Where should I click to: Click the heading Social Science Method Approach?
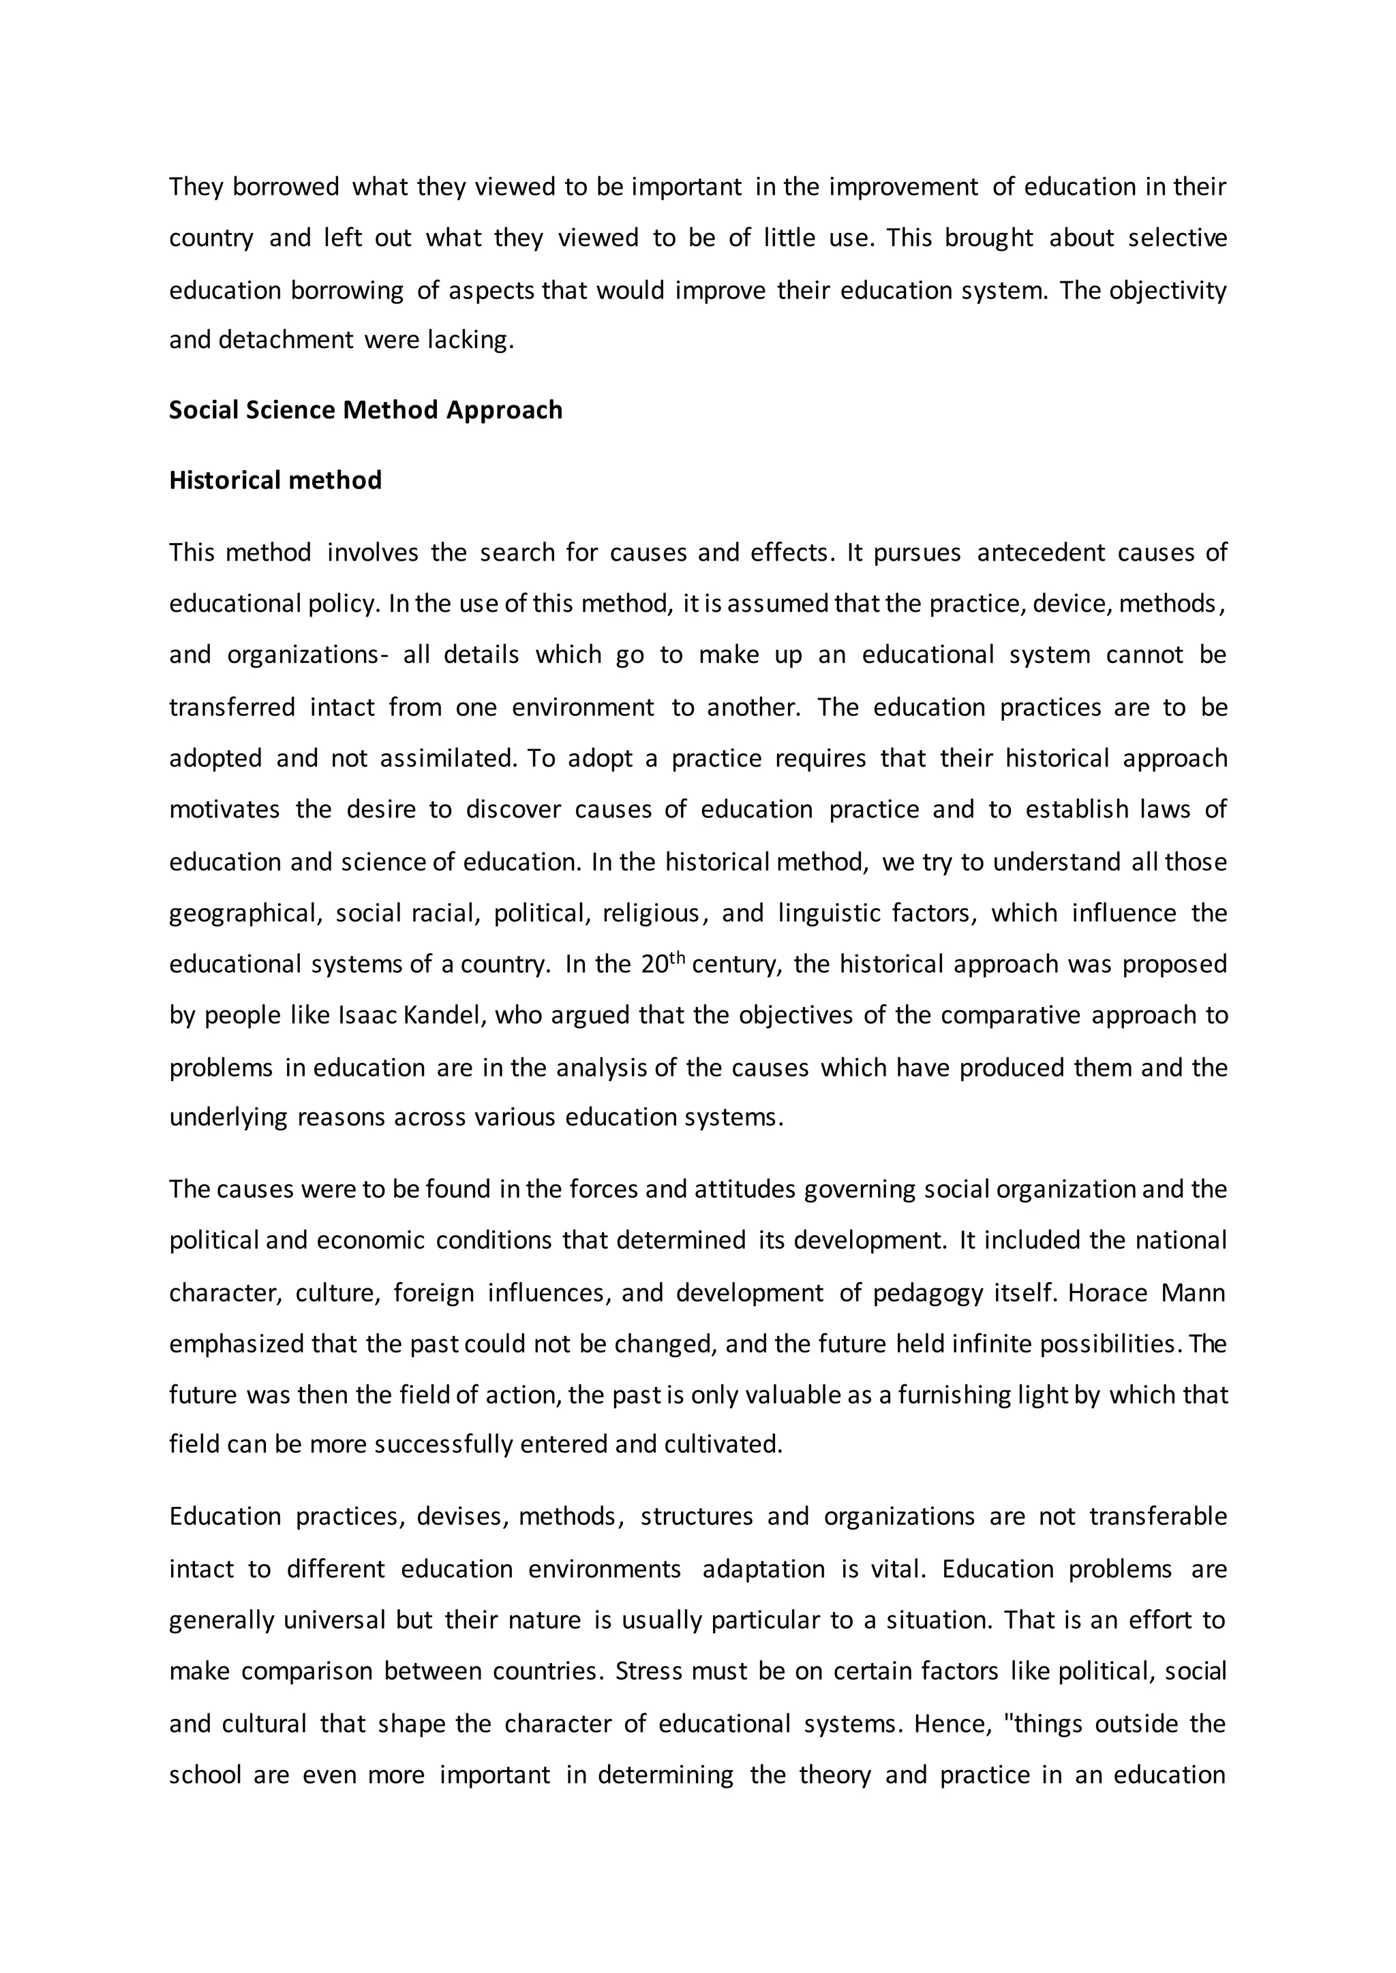click(365, 410)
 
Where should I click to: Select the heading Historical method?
click(275, 480)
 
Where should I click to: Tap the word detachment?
click(286, 340)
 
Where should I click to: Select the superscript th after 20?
click(678, 957)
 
